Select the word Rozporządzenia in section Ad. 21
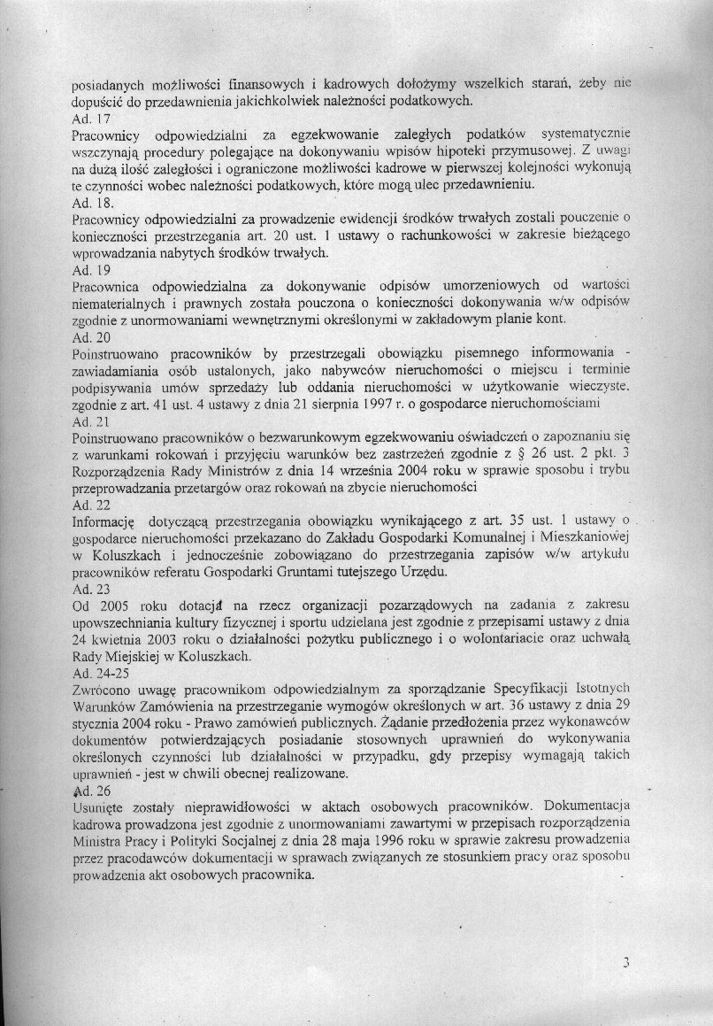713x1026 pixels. (119, 471)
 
